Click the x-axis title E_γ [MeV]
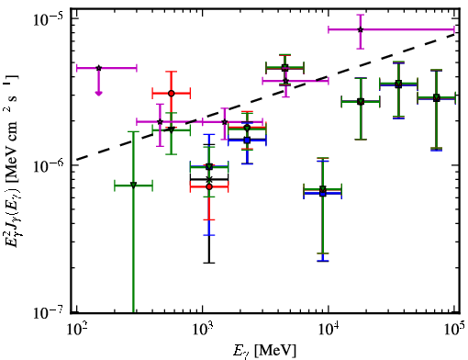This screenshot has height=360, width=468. pos(264,351)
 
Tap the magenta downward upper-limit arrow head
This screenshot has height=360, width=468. pos(98,93)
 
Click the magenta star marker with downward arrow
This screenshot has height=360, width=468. pos(98,68)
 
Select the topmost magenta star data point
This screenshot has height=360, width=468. pos(361,29)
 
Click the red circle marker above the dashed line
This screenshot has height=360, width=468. pos(172,93)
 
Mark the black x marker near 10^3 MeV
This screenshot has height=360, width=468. pos(209,179)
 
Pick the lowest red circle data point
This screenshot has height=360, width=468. pos(209,186)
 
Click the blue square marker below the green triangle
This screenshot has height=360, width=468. pos(247,141)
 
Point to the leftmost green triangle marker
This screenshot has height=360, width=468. pos(133,185)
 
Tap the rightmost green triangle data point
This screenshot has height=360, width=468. pos(437,98)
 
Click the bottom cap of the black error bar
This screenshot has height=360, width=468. pos(209,263)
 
